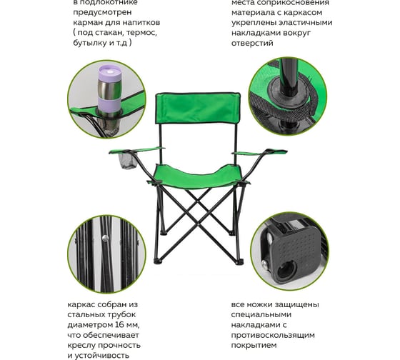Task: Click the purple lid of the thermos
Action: click(109, 72)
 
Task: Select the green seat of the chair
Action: click(199, 177)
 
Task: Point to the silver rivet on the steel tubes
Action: click(105, 239)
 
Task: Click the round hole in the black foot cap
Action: click(286, 271)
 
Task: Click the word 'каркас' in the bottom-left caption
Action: click(82, 304)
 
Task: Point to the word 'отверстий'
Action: click(252, 43)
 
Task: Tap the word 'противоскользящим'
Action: click(273, 335)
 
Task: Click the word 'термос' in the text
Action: click(141, 33)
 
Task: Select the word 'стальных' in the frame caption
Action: click(84, 315)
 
